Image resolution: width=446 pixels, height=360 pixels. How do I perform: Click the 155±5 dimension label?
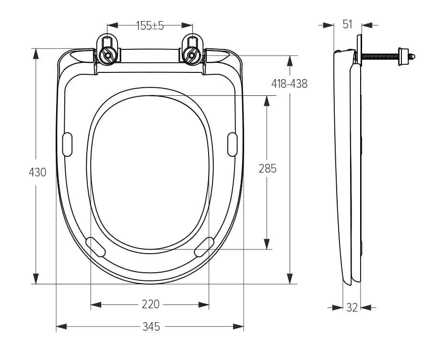click(x=150, y=25)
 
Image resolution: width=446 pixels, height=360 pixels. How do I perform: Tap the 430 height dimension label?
click(x=37, y=172)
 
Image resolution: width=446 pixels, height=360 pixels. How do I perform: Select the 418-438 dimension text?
click(x=289, y=83)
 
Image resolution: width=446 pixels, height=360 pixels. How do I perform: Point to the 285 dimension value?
click(x=268, y=169)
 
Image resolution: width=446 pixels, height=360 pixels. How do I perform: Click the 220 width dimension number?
click(x=151, y=304)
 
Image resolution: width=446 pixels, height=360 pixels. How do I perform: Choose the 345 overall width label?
click(x=151, y=327)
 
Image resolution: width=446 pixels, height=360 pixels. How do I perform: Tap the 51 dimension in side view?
click(x=347, y=24)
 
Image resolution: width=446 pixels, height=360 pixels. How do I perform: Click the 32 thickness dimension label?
click(x=352, y=308)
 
